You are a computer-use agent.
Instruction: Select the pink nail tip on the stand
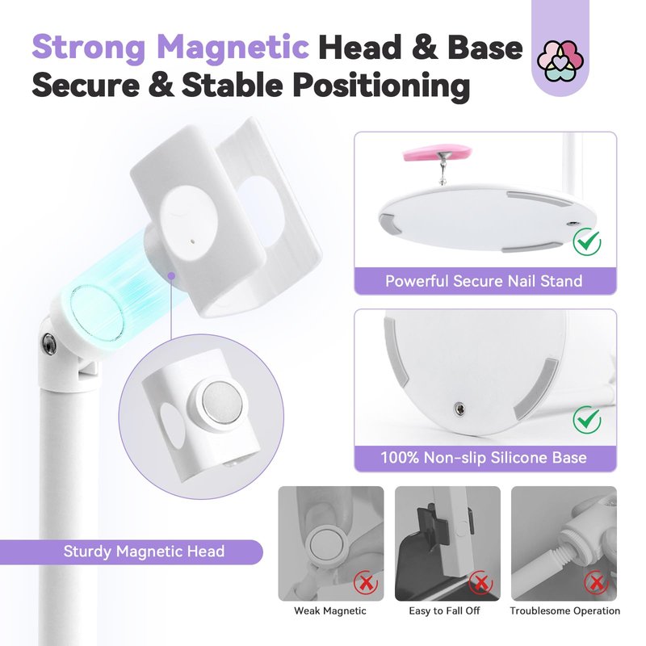coord(437,152)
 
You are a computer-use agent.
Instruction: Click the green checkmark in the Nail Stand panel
coord(587,241)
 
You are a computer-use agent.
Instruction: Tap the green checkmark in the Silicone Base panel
coord(587,419)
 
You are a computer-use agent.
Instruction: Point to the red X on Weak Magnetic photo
coord(366,582)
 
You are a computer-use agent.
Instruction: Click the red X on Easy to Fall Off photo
coord(480,582)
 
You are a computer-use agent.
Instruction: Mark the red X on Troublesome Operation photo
coord(596,582)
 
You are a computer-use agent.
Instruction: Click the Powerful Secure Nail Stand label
coord(484,281)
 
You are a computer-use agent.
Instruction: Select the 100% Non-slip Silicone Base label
coord(484,458)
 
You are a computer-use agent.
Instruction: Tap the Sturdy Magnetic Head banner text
coord(144,552)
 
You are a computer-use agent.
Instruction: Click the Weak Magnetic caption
coord(330,610)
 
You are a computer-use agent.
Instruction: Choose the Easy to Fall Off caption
coord(444,610)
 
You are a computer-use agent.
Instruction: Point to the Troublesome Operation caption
coord(564,610)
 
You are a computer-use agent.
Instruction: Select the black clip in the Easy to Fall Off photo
coord(433,528)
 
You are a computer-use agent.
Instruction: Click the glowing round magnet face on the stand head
coord(97,313)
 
